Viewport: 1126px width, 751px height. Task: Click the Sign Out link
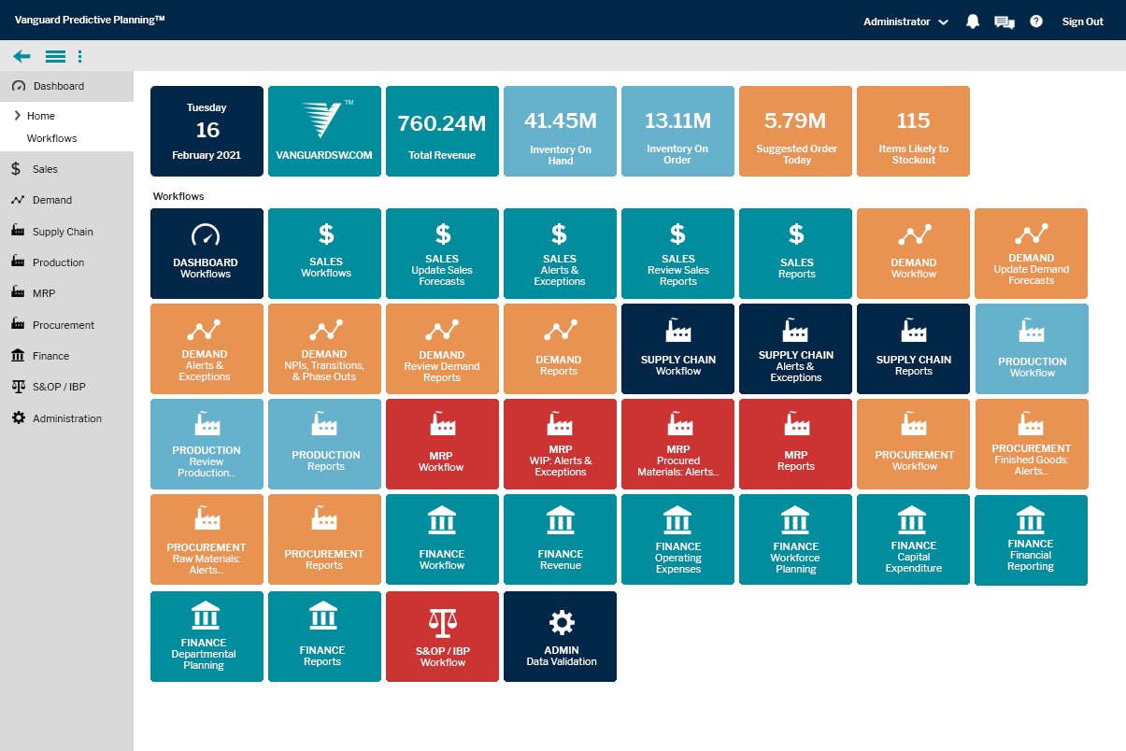1082,21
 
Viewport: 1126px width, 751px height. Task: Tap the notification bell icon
972,21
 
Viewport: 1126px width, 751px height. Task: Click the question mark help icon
1035,21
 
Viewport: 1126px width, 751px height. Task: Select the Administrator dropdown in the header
905,21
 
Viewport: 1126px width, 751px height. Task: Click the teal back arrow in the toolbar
21,56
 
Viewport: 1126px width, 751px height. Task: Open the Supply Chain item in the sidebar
62,232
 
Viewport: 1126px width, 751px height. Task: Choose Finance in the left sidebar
50,356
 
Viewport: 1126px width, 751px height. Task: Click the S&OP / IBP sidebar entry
59,387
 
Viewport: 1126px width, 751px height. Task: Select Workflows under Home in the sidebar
51,138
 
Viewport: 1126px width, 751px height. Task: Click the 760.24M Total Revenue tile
442,132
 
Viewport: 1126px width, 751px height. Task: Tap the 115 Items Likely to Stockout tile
913,132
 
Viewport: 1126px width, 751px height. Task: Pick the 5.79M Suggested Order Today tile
795,132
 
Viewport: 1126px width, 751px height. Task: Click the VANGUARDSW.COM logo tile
324,132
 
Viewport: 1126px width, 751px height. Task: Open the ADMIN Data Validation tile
560,636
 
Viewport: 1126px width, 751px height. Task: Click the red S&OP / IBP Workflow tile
442,636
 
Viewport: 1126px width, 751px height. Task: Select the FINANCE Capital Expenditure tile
913,540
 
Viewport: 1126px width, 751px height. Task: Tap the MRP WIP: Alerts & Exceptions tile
560,444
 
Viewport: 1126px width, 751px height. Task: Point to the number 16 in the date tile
207,130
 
